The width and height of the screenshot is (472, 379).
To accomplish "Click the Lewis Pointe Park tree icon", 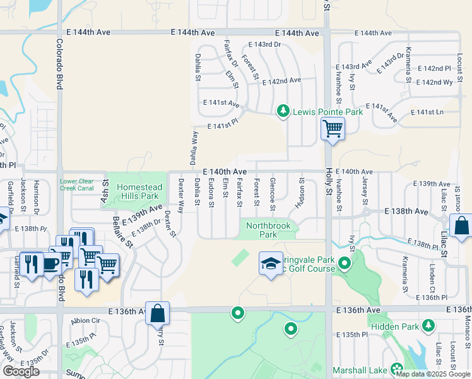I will click(x=283, y=112).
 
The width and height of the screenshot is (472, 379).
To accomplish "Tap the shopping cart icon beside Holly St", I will click(x=333, y=129).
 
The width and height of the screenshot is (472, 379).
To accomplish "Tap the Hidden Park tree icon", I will click(x=428, y=325).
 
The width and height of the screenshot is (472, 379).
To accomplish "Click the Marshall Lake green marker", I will click(x=397, y=368).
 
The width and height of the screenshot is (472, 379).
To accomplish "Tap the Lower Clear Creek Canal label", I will click(x=77, y=184).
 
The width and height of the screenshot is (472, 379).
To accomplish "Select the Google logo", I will click(x=21, y=371).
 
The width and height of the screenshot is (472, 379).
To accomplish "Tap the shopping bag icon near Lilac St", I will click(x=461, y=225).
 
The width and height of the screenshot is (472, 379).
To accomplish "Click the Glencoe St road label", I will click(x=273, y=195).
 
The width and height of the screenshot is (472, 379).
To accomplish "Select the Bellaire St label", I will click(x=122, y=232).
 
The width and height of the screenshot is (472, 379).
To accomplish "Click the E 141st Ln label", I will click(x=427, y=112).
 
